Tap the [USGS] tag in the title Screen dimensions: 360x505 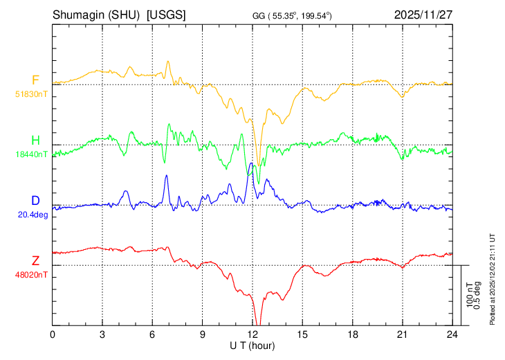point(166,14)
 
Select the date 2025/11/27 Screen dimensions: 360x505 point(423,14)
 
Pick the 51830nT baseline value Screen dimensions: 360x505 point(33,93)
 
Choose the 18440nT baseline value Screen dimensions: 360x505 point(33,154)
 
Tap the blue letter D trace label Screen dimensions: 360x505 point(35,201)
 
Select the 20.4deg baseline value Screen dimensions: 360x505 point(33,215)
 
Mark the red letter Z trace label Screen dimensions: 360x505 point(35,261)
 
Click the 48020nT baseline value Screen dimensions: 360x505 point(33,275)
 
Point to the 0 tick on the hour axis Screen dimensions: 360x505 point(53,334)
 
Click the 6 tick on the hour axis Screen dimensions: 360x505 point(153,334)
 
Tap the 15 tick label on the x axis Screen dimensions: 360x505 point(302,334)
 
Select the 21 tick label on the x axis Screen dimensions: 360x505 point(402,334)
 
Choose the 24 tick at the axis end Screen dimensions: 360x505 point(452,334)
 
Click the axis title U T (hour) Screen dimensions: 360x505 point(252,345)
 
